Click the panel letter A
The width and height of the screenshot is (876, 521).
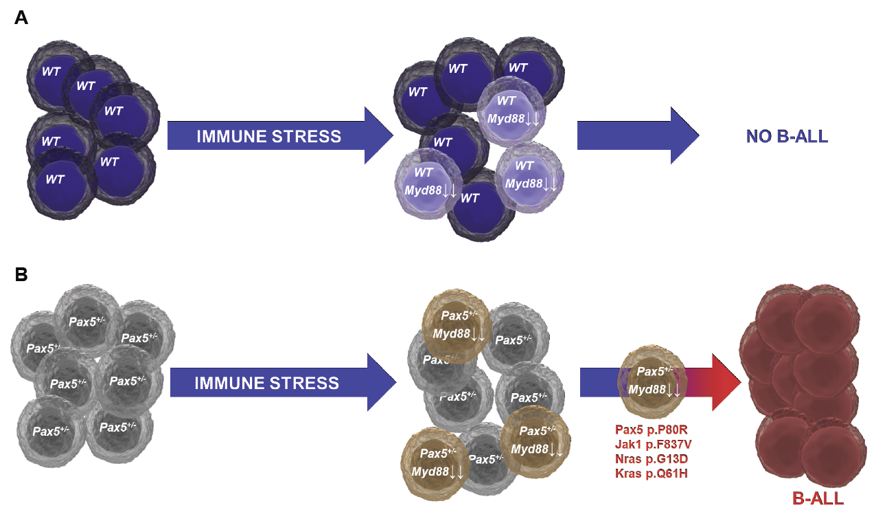pos(21,19)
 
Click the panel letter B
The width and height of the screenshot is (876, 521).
pos(21,275)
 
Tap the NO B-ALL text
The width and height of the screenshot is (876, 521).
pos(787,136)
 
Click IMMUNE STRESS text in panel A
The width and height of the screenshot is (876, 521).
pos(268,136)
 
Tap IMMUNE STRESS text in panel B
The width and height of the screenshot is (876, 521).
pos(266,383)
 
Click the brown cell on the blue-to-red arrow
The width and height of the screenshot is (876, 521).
pos(650,382)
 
